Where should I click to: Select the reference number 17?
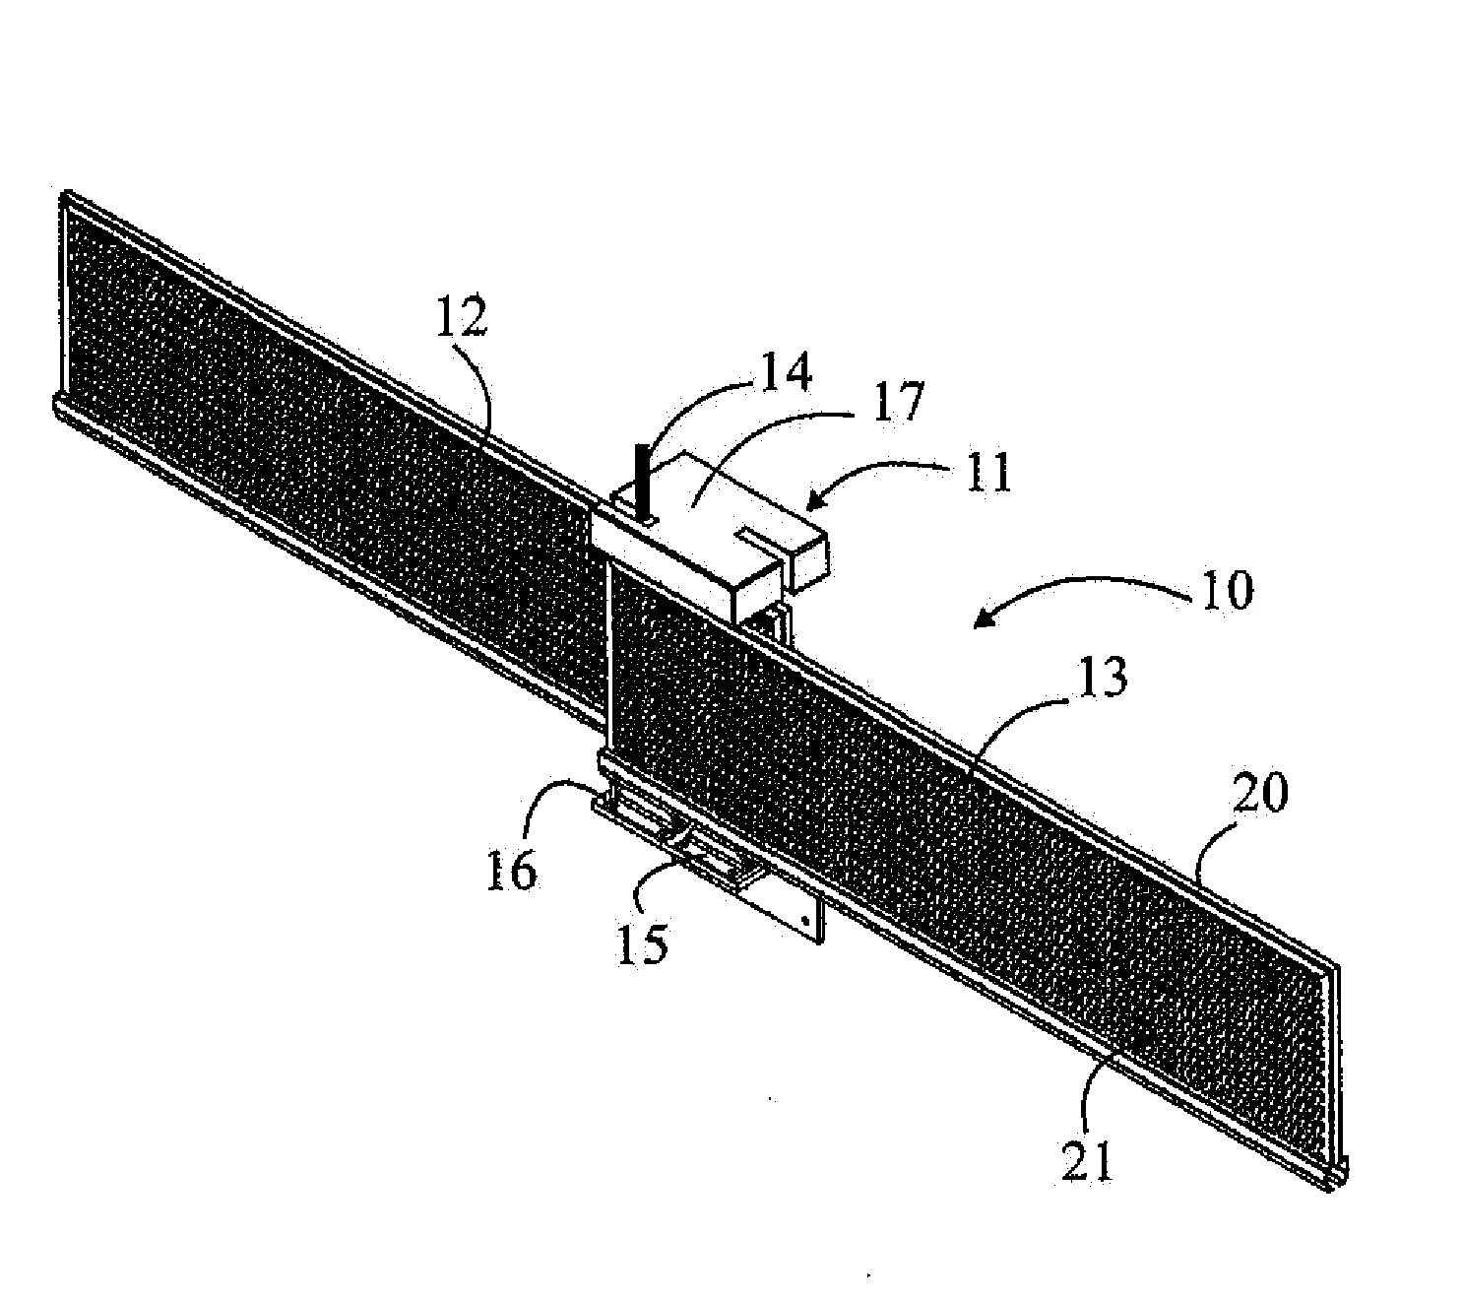(x=898, y=402)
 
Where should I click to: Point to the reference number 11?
(x=986, y=473)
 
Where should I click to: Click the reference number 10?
(x=1228, y=590)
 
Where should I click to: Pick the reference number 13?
(x=1102, y=677)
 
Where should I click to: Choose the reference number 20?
(x=1258, y=792)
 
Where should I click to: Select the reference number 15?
(x=644, y=943)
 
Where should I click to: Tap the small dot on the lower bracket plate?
(x=803, y=920)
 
